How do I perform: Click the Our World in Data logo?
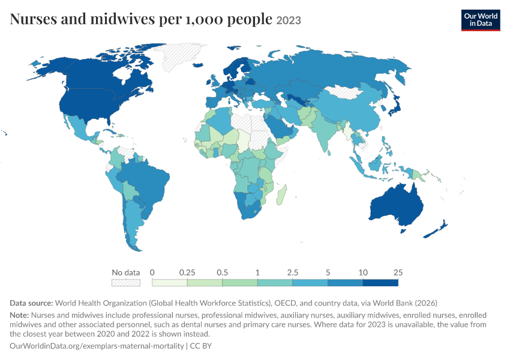481,20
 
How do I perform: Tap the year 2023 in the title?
289,20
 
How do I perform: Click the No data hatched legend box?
126,283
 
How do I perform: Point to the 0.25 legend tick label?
187,272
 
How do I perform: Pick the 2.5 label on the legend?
292,272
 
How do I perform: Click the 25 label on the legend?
398,272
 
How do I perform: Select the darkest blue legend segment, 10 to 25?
380,283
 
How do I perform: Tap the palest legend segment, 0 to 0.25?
169,283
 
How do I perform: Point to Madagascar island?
281,195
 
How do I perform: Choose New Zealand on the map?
436,230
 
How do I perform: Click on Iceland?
198,65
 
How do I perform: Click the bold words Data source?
31,303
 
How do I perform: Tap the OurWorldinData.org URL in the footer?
97,346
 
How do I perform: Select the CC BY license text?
200,346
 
